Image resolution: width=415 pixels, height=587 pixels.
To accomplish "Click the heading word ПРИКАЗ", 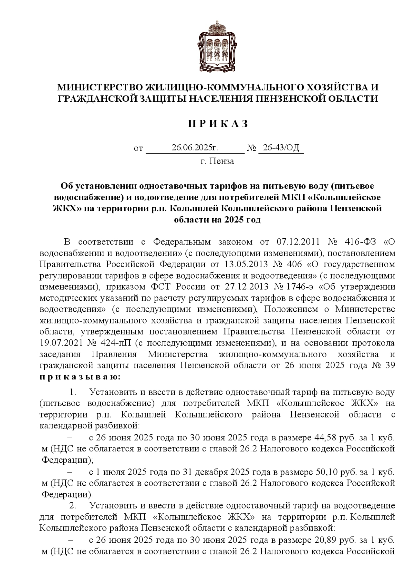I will tap(218, 124).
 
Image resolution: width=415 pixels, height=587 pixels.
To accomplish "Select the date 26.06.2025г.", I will tap(195, 148).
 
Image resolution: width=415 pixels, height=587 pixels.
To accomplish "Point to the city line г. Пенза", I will tap(217, 161).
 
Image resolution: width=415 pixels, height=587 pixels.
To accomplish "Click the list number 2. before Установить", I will tap(73, 506).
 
